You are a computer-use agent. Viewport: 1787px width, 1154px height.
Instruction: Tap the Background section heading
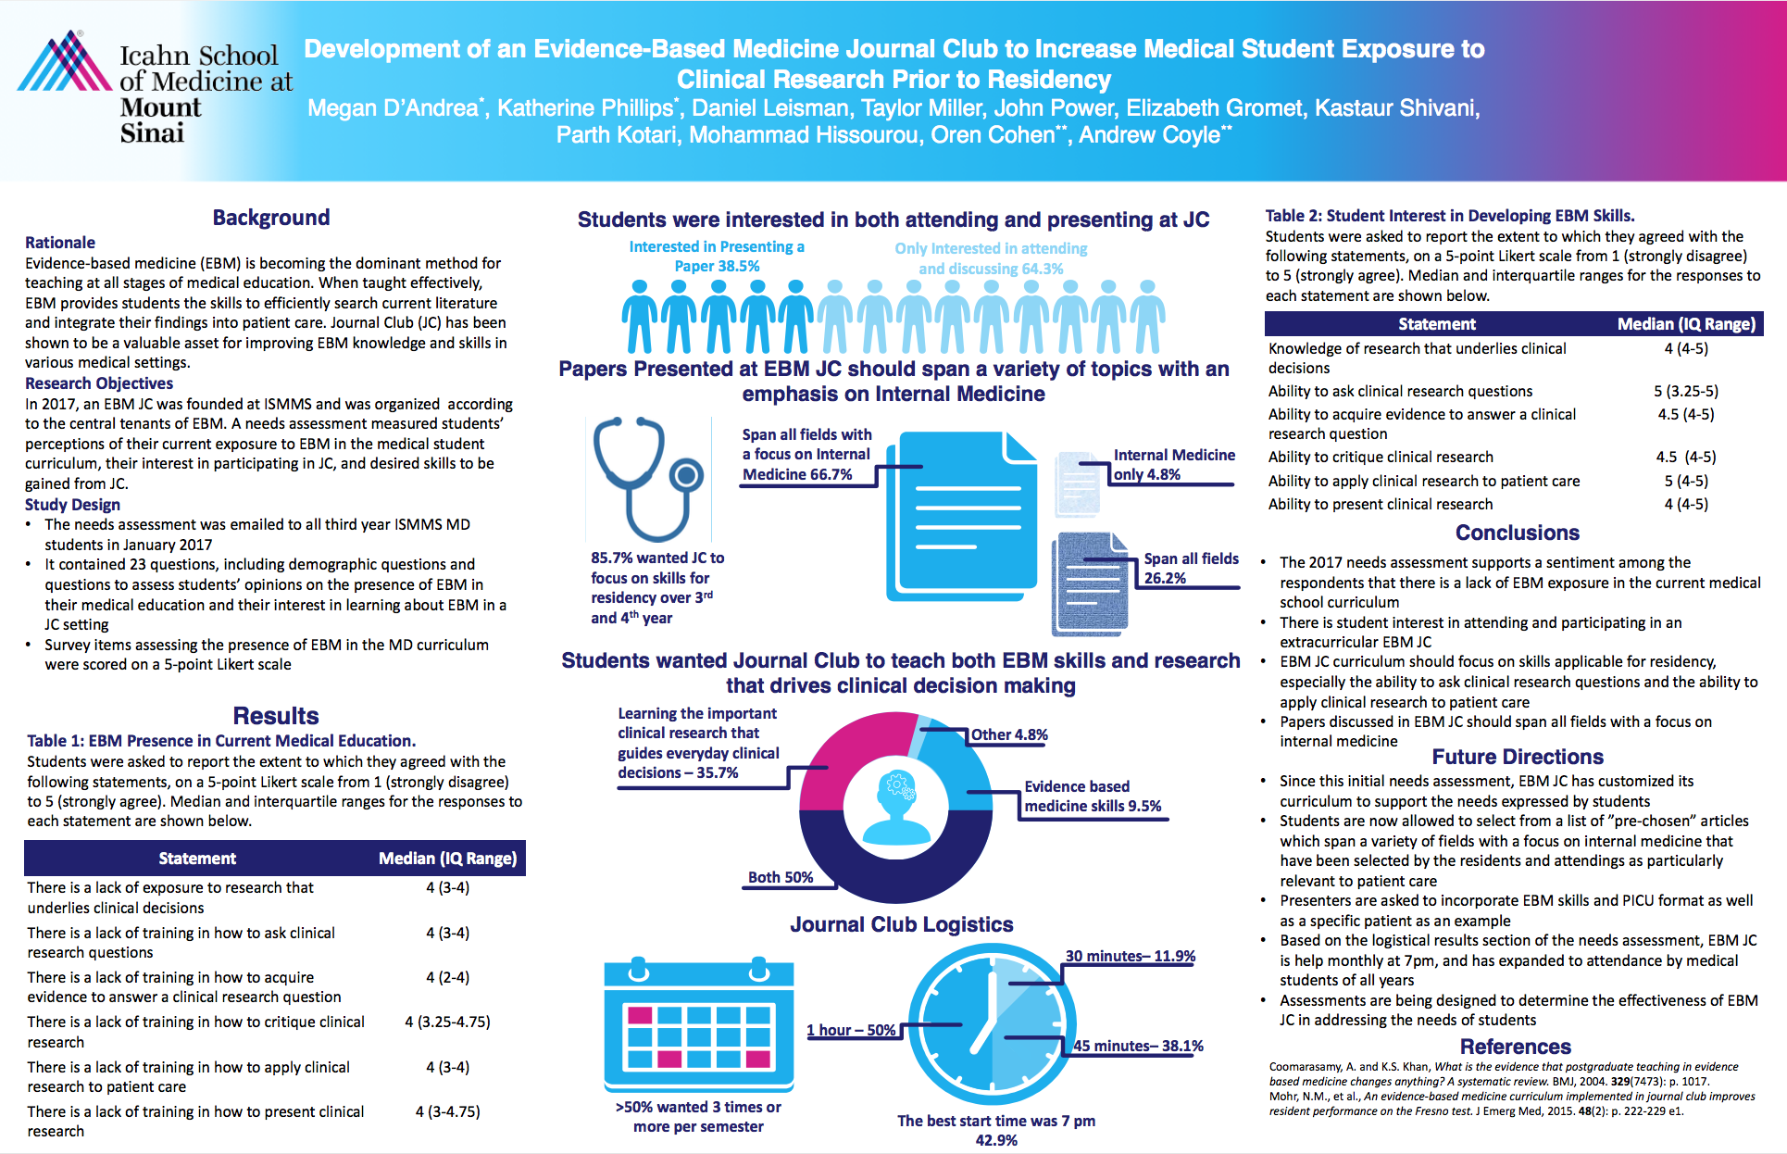[270, 218]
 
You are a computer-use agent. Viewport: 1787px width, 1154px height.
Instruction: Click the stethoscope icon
[648, 478]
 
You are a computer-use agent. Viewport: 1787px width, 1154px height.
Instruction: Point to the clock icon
[992, 1023]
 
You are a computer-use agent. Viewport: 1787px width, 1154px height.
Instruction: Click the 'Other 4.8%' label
[1008, 735]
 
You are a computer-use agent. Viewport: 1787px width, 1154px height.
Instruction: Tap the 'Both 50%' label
[780, 877]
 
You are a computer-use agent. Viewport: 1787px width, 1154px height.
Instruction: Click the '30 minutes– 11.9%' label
[1130, 957]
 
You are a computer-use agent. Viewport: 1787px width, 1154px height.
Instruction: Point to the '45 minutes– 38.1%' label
[1138, 1046]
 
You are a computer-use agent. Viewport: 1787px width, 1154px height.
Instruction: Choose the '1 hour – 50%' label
[851, 1030]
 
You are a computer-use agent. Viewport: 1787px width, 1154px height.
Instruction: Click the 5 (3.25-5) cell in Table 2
[1685, 391]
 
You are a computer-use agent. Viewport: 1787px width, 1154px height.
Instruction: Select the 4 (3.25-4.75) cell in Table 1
[447, 1022]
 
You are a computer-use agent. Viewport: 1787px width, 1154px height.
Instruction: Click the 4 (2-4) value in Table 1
[447, 977]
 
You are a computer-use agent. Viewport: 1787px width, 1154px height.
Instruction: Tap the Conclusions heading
[1517, 533]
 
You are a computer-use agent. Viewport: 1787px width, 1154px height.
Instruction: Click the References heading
[1515, 1047]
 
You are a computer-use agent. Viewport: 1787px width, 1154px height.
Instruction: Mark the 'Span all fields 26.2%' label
[1190, 568]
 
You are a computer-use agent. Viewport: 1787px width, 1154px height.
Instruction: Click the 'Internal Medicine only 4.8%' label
[1173, 464]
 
